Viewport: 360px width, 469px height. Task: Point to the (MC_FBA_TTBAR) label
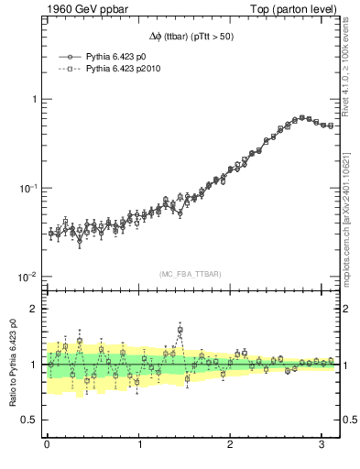point(191,274)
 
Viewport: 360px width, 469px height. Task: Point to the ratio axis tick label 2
point(33,309)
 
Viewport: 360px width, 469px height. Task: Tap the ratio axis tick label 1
point(33,365)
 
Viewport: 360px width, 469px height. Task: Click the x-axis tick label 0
point(47,445)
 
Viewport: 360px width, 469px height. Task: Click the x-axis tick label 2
point(231,445)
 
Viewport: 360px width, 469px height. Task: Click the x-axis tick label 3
point(322,445)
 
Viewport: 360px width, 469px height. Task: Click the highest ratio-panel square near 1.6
point(180,330)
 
